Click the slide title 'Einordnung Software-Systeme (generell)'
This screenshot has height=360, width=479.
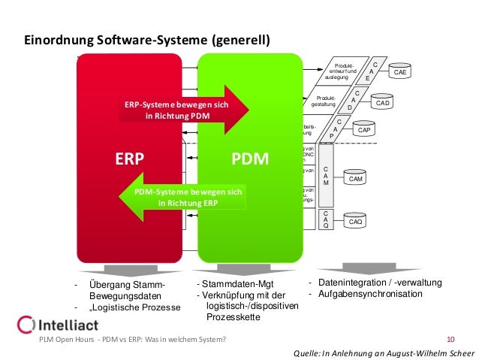pyautogui.click(x=147, y=40)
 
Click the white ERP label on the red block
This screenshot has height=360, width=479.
pyautogui.click(x=128, y=160)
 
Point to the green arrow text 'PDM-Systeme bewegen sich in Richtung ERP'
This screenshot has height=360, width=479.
pyautogui.click(x=188, y=198)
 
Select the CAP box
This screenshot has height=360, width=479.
pyautogui.click(x=363, y=130)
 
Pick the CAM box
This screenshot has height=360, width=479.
pyautogui.click(x=356, y=179)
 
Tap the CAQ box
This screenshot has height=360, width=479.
pyautogui.click(x=356, y=222)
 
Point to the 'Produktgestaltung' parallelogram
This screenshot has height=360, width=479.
pyautogui.click(x=328, y=101)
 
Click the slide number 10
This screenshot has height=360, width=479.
pyautogui.click(x=450, y=340)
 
